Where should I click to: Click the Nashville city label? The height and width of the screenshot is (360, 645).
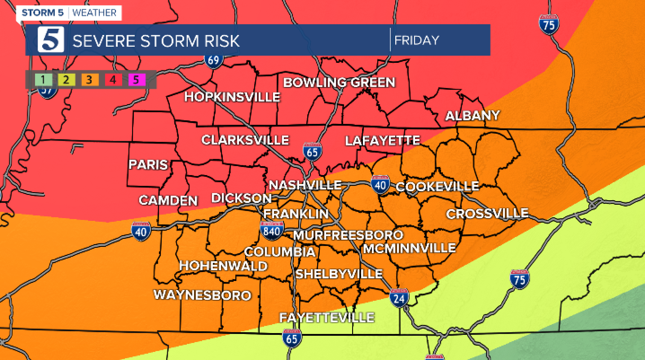click(305, 185)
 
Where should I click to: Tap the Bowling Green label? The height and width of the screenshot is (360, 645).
click(339, 83)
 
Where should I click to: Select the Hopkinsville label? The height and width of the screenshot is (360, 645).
click(232, 97)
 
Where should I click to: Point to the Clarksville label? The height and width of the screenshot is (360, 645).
click(245, 140)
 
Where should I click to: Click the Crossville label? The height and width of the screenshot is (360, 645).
click(487, 214)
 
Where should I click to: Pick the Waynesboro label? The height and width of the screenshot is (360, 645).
click(202, 295)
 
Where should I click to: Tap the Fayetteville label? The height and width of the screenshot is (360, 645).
click(327, 318)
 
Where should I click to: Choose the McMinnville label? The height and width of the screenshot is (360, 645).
click(409, 248)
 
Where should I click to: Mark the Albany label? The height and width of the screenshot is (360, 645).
click(472, 116)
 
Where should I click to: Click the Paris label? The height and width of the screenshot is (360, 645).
click(148, 165)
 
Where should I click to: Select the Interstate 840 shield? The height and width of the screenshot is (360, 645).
click(272, 230)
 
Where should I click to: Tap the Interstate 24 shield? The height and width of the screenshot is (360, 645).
click(399, 297)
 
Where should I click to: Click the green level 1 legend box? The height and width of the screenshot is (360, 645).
click(44, 80)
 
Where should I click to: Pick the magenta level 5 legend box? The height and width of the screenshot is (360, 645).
click(137, 80)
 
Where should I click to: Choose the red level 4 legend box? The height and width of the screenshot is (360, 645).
click(113, 80)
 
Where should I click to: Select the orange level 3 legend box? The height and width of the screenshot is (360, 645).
click(90, 80)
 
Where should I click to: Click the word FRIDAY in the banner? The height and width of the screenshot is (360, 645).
click(416, 40)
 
